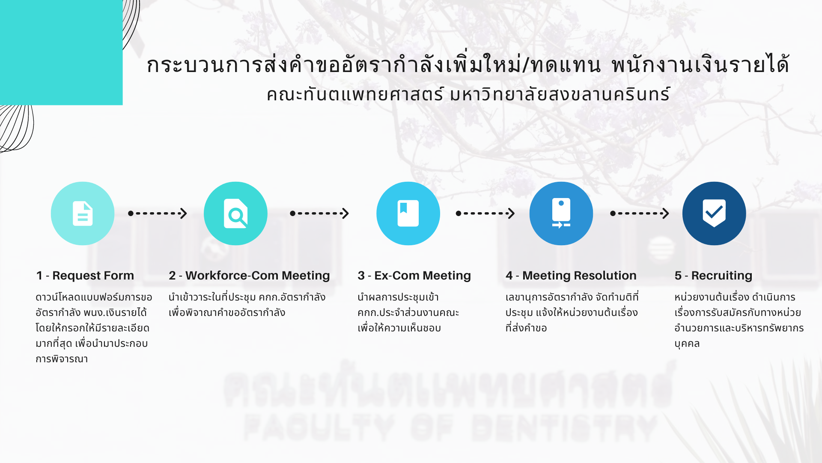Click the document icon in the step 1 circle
pos(83,213)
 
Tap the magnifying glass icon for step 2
pos(236,213)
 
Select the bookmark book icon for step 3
pos(408,213)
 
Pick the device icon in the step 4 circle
pos(561,213)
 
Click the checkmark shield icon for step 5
pos(714,213)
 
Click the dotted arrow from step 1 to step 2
pos(158,213)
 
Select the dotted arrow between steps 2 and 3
pos(319,213)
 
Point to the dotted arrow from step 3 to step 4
pos(485,213)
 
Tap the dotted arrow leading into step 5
pos(640,213)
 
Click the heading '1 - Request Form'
pos(85,276)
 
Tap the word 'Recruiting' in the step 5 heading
pos(722,276)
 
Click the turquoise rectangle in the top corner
pos(61,52)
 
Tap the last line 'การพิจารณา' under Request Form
pos(62,359)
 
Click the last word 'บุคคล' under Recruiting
pos(687,344)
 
